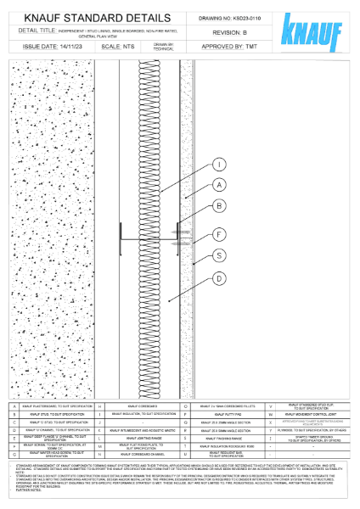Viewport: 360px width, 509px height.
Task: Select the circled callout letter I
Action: click(218, 165)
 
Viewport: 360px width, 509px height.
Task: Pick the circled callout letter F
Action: click(218, 234)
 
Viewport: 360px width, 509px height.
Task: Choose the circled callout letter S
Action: click(218, 255)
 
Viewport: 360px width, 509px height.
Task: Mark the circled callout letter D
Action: click(218, 277)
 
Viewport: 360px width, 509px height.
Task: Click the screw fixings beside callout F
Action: click(180, 232)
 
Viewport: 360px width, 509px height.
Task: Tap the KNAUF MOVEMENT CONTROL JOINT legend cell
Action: click(315, 415)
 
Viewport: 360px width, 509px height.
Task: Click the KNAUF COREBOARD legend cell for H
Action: click(143, 407)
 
